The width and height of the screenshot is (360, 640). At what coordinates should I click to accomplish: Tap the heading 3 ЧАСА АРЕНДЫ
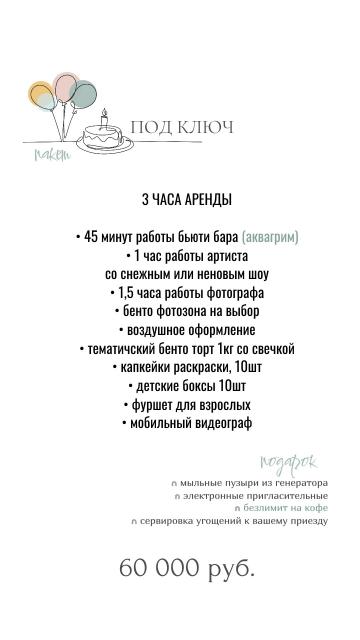[x=187, y=199]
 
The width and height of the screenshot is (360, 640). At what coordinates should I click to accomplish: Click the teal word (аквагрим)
[x=270, y=237]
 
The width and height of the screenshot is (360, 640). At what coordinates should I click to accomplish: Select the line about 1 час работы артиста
[x=187, y=255]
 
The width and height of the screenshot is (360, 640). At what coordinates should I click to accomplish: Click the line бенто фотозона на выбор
[x=187, y=311]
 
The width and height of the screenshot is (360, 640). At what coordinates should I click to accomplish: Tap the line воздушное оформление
[x=187, y=330]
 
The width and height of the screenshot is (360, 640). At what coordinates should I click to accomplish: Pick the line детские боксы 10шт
[x=187, y=386]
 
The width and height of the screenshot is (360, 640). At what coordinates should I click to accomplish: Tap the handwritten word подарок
[x=288, y=461]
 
